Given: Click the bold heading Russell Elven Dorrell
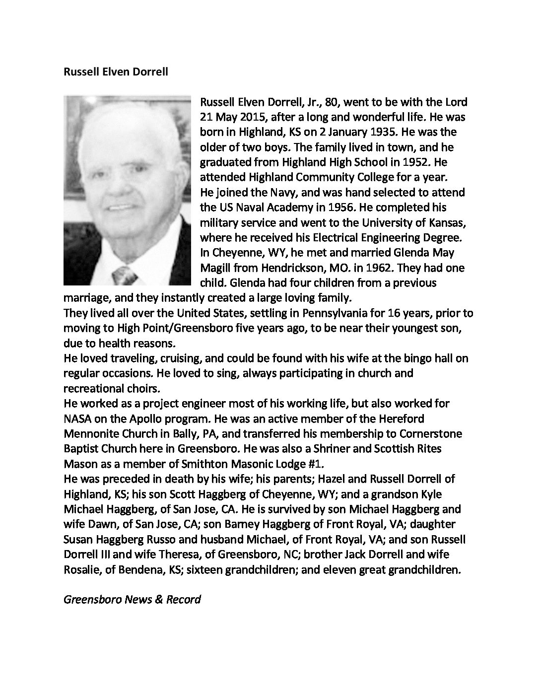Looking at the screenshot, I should click(x=116, y=72).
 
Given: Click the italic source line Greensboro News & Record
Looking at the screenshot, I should click(x=132, y=599).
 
